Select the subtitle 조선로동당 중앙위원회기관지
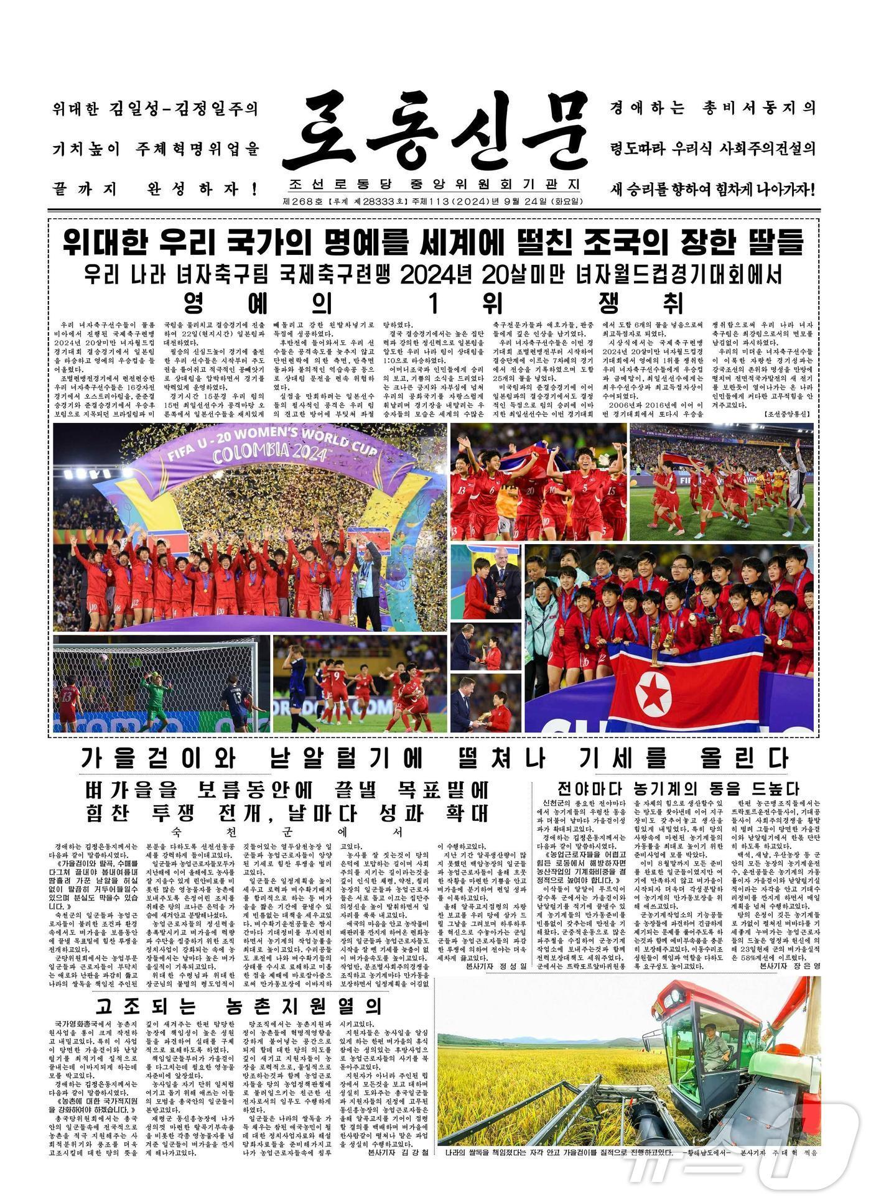(434, 185)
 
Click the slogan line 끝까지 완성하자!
(156, 187)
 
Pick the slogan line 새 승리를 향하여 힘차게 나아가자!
(713, 187)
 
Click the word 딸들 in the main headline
(775, 241)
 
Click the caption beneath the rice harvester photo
(628, 1152)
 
